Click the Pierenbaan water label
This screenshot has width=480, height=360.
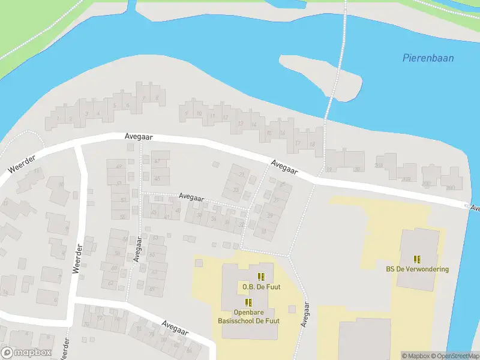(x=427, y=58)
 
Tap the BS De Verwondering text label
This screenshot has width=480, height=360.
(x=417, y=269)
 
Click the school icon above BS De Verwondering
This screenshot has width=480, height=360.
(x=417, y=259)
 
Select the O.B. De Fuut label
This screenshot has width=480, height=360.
(x=261, y=287)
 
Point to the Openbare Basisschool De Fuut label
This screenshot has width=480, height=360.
(x=248, y=317)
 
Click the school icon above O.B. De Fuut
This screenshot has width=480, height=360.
(x=261, y=277)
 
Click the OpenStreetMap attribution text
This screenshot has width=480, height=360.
(x=455, y=356)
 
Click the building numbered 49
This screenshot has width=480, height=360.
(x=118, y=167)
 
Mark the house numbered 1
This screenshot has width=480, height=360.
(x=58, y=118)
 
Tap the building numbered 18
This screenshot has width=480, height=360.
(x=312, y=144)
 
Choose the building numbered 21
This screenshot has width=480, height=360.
(x=242, y=174)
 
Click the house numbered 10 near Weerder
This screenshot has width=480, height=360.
(x=60, y=185)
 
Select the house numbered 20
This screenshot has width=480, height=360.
(x=356, y=169)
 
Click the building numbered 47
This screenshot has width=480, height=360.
(x=157, y=161)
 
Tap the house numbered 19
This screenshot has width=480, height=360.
(x=329, y=169)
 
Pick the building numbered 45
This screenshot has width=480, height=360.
(x=157, y=178)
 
